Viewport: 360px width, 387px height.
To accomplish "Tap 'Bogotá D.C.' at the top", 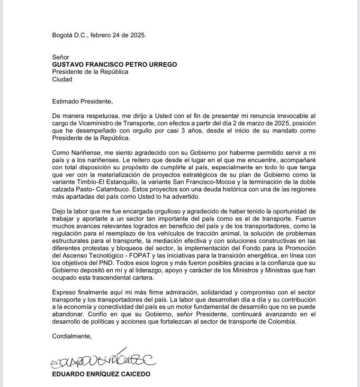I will click(x=70, y=35).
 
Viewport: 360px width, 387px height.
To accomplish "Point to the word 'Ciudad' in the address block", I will click(x=62, y=79).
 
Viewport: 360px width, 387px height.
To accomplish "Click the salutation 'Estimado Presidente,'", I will click(x=83, y=101).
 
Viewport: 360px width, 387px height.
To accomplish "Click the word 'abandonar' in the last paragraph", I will click(x=71, y=314).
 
